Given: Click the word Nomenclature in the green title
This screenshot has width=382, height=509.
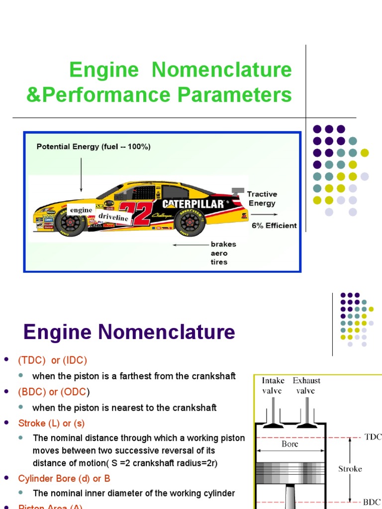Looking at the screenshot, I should tap(221, 70).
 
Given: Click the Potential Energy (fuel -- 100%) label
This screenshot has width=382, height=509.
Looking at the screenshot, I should tap(94, 147).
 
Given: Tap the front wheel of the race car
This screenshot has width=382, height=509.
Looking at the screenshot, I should tap(70, 222).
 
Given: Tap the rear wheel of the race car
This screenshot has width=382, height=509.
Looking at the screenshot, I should tap(190, 222).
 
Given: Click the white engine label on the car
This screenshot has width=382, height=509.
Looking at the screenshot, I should tap(81, 210).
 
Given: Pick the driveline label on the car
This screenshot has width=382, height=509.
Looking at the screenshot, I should tap(113, 218).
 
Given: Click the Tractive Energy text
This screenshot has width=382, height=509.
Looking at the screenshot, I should tap(262, 198).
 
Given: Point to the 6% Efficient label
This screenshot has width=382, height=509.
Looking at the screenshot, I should tap(274, 225).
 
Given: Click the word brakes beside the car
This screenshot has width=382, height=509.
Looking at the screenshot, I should tap(223, 244).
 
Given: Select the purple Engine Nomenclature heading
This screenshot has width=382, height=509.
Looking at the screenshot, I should tap(129, 332).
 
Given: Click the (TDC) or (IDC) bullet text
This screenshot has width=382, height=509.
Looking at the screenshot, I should tap(52, 360).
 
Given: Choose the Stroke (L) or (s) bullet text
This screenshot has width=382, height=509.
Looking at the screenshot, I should tap(51, 424).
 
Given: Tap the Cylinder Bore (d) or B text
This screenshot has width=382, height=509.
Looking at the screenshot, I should tap(64, 478).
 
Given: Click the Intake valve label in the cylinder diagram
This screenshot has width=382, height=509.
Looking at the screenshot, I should tap(273, 386).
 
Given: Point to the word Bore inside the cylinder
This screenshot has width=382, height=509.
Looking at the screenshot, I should tap(290, 444).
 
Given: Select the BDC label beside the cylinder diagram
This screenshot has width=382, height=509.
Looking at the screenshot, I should tap(372, 501).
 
